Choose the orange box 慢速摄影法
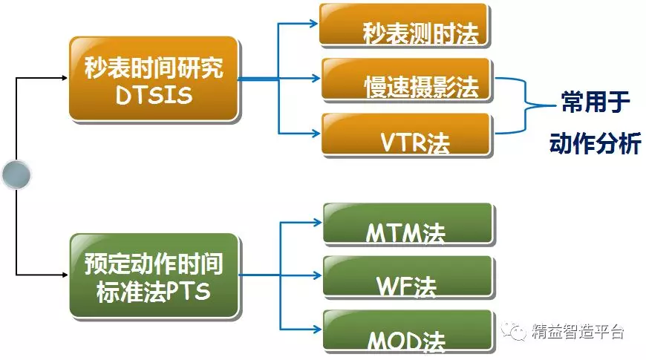coord(406,79)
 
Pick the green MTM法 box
coord(408,223)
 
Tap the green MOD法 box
coord(408,331)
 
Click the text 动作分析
coord(595,143)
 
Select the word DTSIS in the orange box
coord(154,95)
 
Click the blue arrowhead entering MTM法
coord(318,220)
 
